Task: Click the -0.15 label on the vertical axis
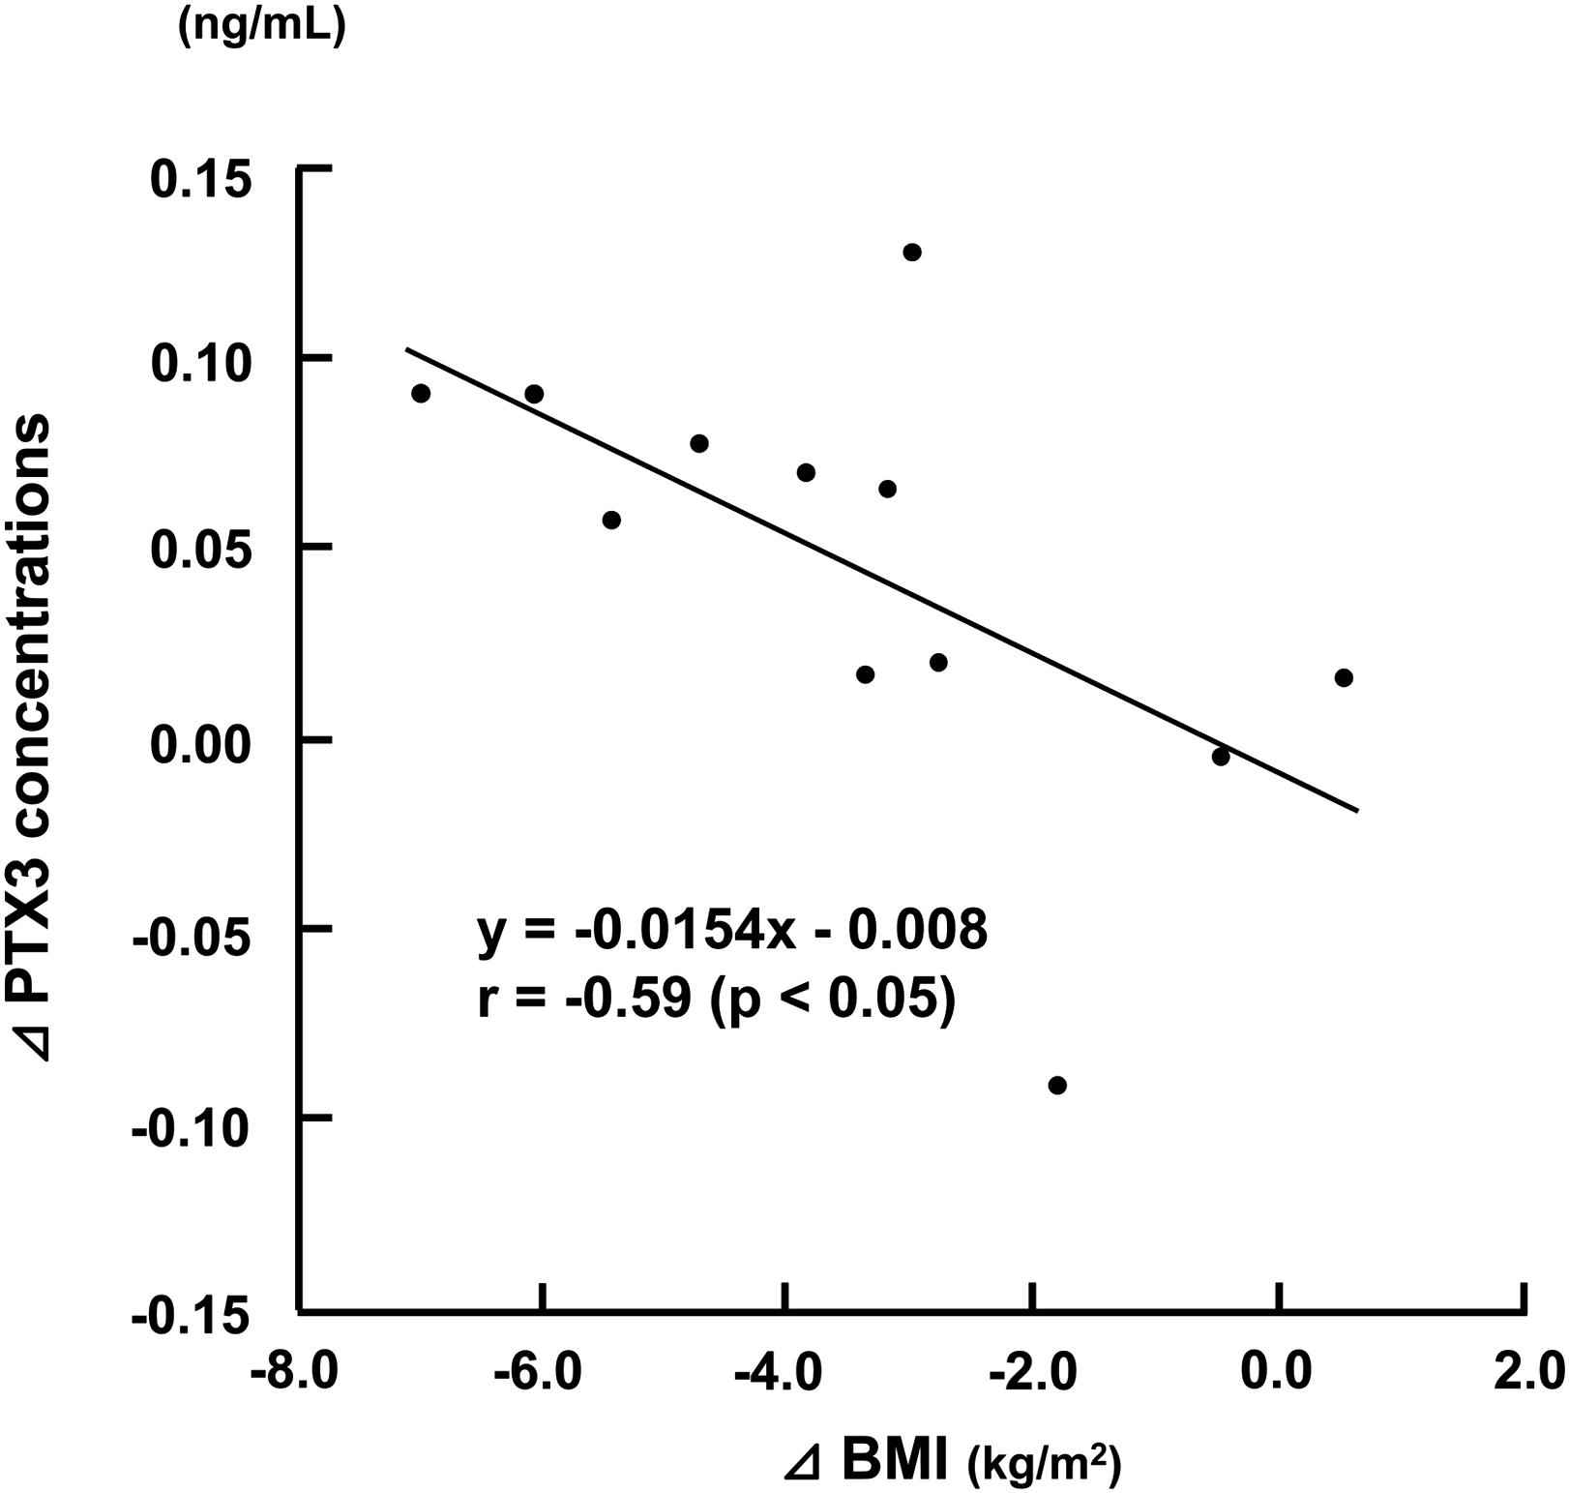tap(191, 1316)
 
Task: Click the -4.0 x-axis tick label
tap(780, 1372)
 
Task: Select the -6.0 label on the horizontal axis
tap(538, 1372)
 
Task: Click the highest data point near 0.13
tap(911, 253)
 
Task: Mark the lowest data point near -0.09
tap(1057, 1086)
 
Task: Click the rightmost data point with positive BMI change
tap(1344, 677)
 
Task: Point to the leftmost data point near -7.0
tap(421, 393)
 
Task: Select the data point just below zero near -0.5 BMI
tap(1221, 757)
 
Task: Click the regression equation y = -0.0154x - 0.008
tap(732, 930)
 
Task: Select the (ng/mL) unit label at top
tap(260, 29)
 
